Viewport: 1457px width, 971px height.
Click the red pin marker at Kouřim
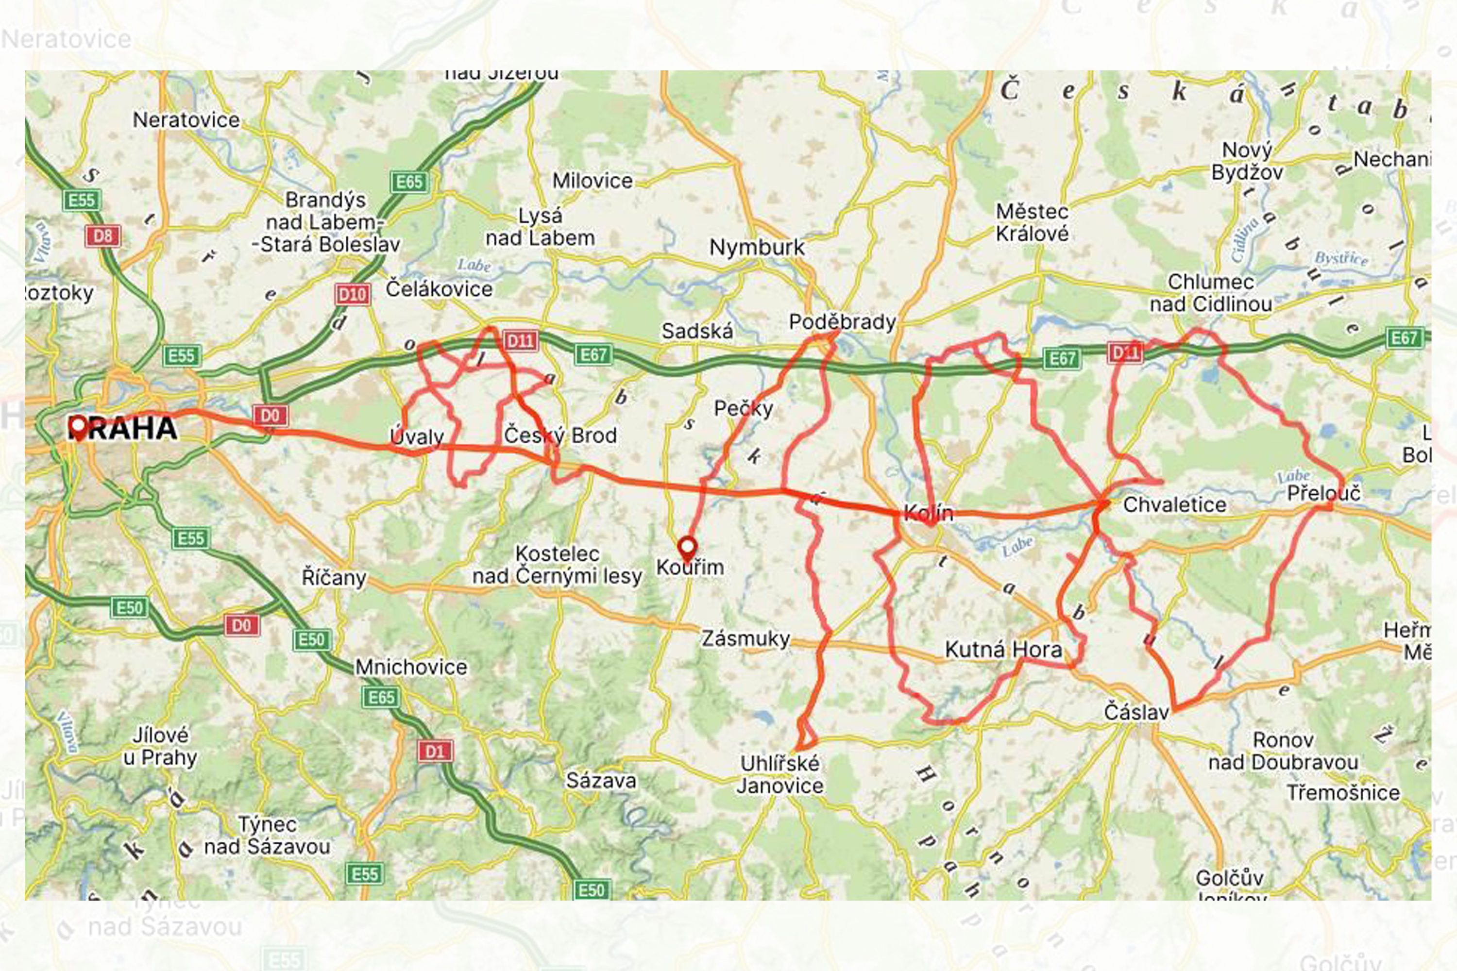tap(687, 548)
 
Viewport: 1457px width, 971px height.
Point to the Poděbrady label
tap(842, 322)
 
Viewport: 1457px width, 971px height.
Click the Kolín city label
tap(928, 513)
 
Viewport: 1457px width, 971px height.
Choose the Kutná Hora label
tap(1003, 649)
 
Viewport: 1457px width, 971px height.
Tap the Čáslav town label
tap(1136, 712)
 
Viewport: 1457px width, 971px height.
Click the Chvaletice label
tap(1174, 505)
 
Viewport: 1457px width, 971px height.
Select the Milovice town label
tap(592, 181)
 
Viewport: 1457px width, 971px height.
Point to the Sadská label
tap(697, 331)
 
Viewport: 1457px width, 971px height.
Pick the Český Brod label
tap(560, 435)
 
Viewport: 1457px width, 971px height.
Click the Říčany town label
tap(334, 578)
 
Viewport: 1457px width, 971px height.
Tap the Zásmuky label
tap(745, 638)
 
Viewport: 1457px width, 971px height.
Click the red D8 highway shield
tap(103, 236)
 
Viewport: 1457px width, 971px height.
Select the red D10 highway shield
tap(353, 294)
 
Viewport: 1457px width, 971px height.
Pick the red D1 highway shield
tap(435, 752)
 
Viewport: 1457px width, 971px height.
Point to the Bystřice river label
tap(1341, 258)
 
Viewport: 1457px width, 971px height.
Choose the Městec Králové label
tap(1032, 223)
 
